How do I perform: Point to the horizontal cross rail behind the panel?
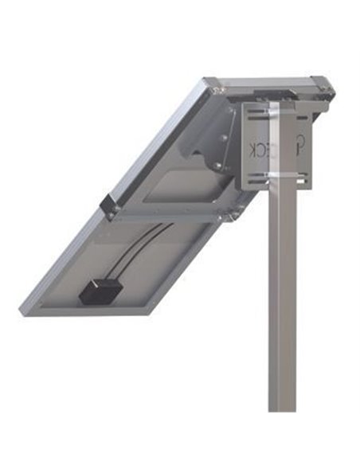coord(167,214)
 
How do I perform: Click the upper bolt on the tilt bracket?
coord(223,138)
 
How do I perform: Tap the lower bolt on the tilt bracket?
coord(217,165)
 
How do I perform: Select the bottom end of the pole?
coord(282,408)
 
